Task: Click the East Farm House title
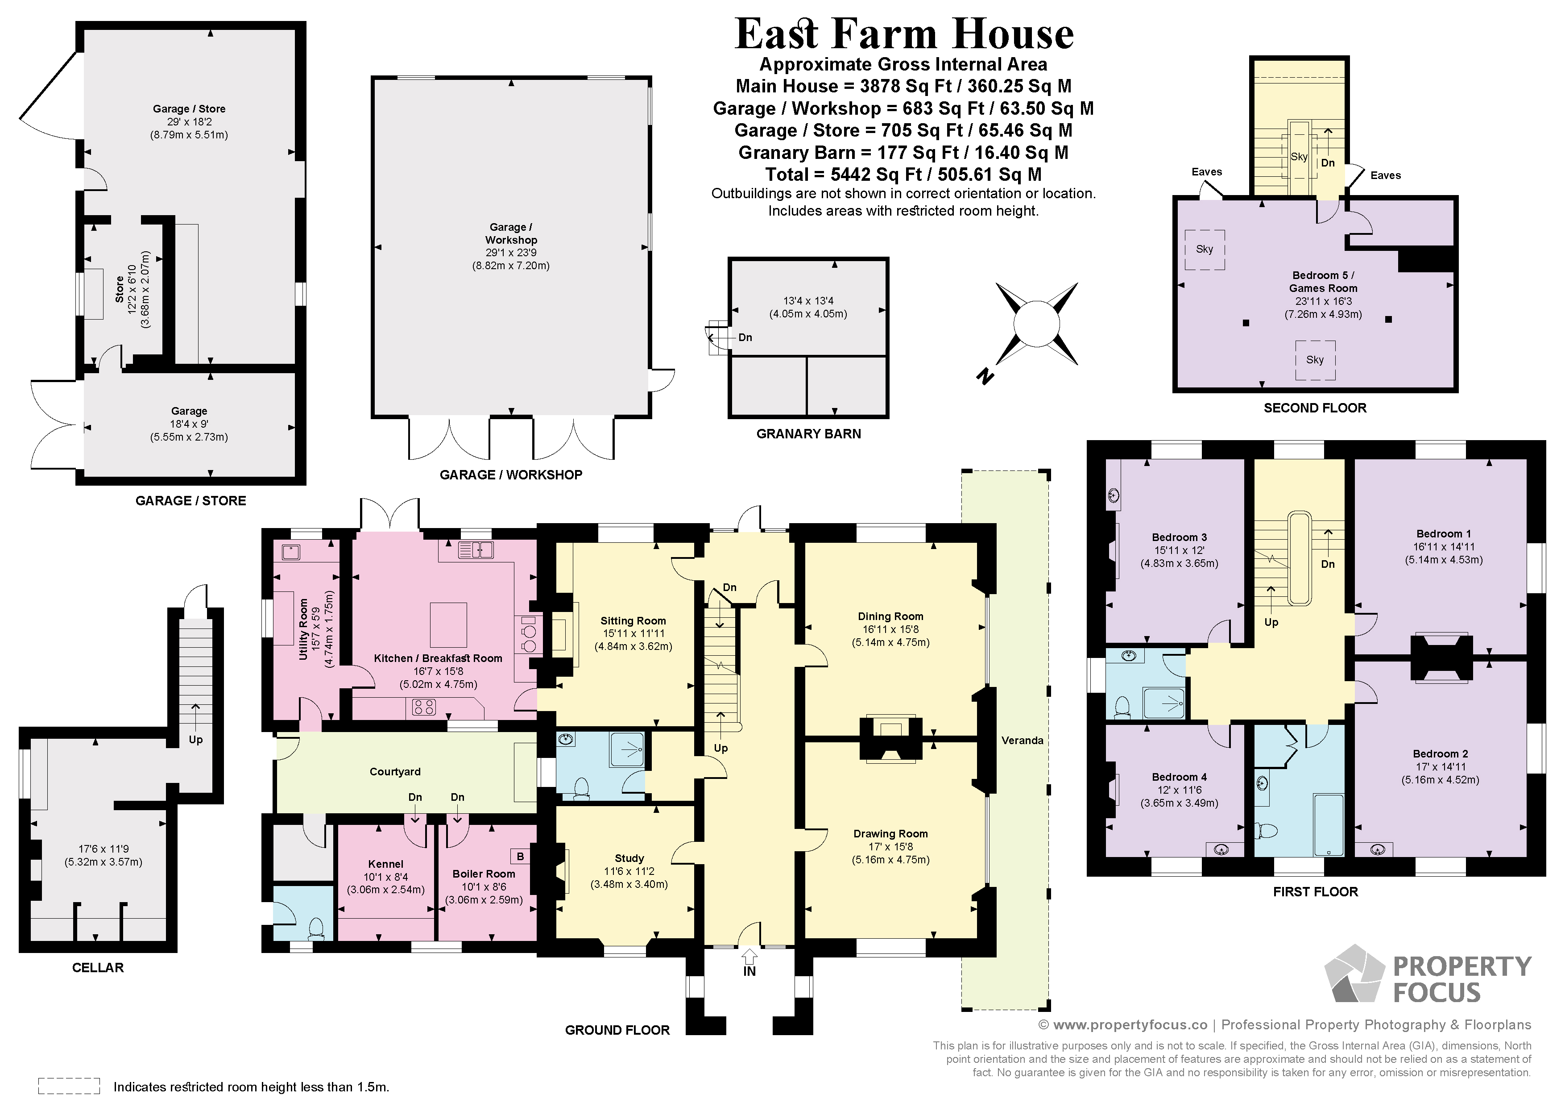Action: pyautogui.click(x=904, y=34)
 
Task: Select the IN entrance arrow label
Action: pyautogui.click(x=749, y=970)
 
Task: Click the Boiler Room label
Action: pyautogui.click(x=484, y=874)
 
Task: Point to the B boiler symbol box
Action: pyautogui.click(x=521, y=856)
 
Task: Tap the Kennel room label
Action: pyautogui.click(x=386, y=863)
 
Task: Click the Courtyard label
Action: pyautogui.click(x=395, y=771)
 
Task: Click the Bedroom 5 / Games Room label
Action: pyautogui.click(x=1323, y=282)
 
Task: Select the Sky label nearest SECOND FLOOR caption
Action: pyautogui.click(x=1315, y=359)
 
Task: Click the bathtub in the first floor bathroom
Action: pyautogui.click(x=1329, y=824)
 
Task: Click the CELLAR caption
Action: pyautogui.click(x=98, y=967)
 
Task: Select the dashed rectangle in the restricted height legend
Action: pyautogui.click(x=69, y=1086)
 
